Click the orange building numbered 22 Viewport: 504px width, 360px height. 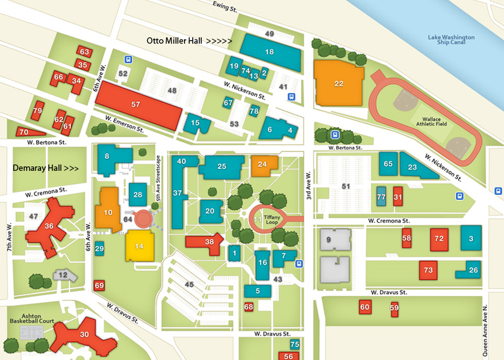339,83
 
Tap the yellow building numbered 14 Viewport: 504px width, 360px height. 139,245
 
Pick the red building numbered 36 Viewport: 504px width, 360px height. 49,227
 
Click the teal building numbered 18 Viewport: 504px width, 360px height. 269,52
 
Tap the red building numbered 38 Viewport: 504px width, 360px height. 209,241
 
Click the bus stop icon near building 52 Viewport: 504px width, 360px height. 128,59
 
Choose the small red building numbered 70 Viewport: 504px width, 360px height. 23,132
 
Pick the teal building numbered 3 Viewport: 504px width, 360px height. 471,238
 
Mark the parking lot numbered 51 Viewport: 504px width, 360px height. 345,186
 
